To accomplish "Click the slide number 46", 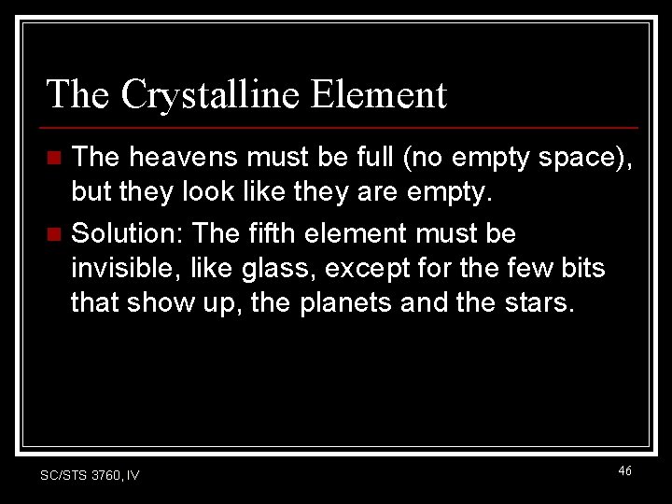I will point(624,471).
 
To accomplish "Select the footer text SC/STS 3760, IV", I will point(90,475).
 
